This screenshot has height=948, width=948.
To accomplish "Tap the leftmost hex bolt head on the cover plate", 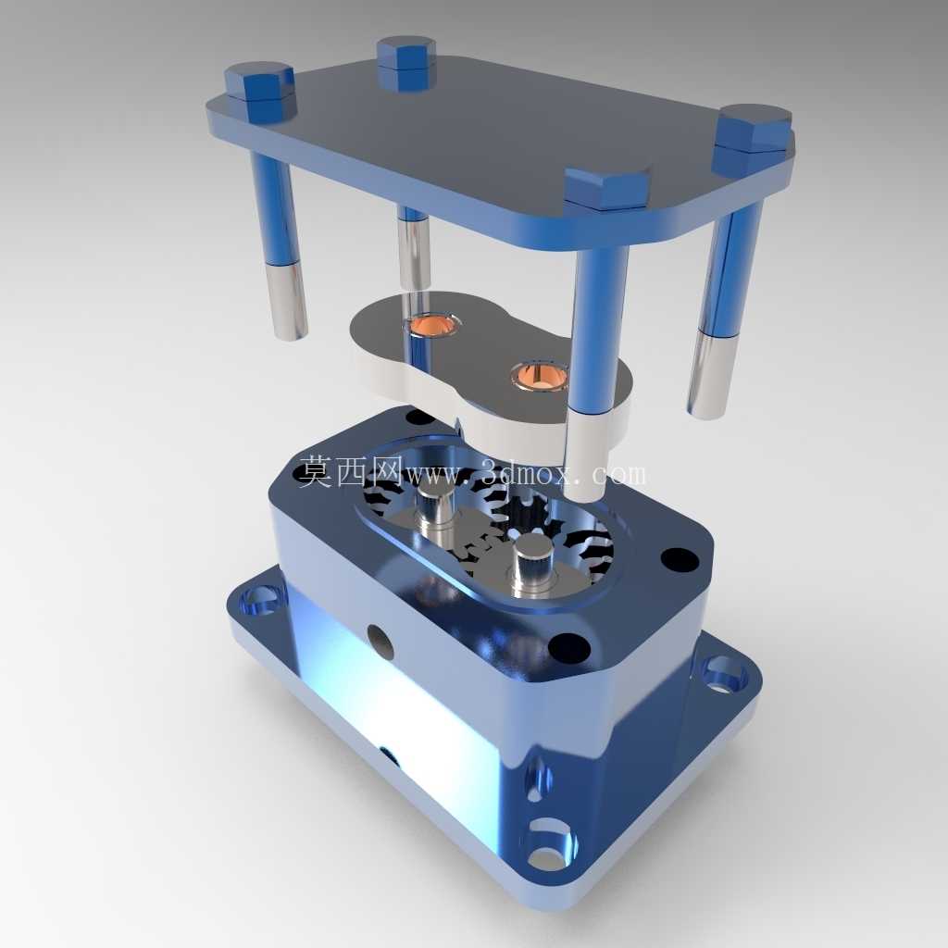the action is click(x=260, y=90).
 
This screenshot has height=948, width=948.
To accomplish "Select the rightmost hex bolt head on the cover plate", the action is click(x=754, y=139).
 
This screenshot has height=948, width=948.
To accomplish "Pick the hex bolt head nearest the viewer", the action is click(x=606, y=190).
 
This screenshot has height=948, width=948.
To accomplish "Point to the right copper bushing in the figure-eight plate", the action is click(x=540, y=375).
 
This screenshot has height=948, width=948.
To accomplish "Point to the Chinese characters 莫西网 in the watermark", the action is click(x=352, y=469).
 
